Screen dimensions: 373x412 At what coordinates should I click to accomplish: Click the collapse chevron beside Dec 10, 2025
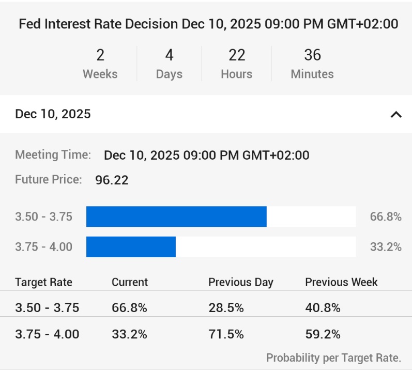pos(396,114)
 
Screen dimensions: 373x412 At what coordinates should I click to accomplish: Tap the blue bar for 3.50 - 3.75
pos(176,216)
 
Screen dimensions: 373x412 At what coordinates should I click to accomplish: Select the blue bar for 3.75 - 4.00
pos(131,246)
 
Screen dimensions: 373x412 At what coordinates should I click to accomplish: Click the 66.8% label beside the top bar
pos(386,216)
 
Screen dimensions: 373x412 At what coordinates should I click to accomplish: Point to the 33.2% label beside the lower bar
pos(386,246)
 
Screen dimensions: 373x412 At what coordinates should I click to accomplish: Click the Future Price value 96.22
pos(112,180)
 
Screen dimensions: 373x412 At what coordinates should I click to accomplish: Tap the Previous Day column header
pos(240,282)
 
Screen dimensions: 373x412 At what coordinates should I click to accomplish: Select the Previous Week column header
pos(341,282)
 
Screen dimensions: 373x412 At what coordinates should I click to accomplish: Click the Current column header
pos(130,282)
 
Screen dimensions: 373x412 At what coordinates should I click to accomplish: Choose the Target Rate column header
pos(43,282)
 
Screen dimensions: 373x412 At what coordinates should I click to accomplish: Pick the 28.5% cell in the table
pos(226,308)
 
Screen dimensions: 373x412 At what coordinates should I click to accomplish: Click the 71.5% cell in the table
pos(226,334)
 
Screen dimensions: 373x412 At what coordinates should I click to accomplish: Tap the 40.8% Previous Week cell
pos(323,308)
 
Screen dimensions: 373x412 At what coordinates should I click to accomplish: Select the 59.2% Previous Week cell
pos(323,334)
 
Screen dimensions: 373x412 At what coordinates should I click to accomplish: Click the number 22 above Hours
pos(236,55)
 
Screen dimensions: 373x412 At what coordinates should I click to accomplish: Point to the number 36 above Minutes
pos(312,55)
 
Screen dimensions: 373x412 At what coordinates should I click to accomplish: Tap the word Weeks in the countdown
pos(100,74)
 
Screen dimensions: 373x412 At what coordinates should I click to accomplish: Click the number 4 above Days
pos(169,55)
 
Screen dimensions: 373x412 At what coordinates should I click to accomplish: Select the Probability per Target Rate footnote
pos(333,358)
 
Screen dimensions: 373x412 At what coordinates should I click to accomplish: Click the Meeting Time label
pos(53,154)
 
